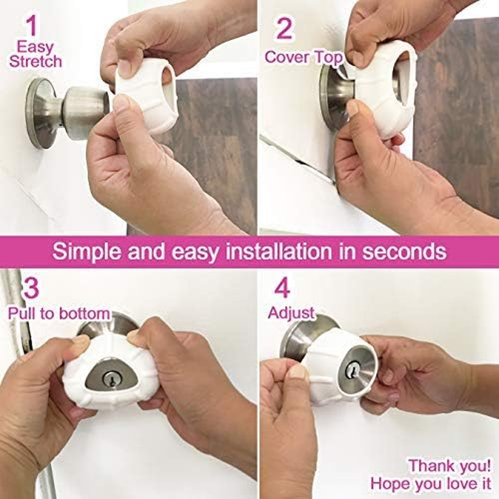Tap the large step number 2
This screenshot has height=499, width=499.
point(284,29)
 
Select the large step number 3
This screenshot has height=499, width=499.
point(31,288)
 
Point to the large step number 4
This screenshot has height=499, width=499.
point(283,288)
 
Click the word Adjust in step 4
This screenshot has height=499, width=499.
point(291,312)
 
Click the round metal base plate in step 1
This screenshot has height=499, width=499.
point(41,113)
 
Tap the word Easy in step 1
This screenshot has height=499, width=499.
point(35,46)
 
